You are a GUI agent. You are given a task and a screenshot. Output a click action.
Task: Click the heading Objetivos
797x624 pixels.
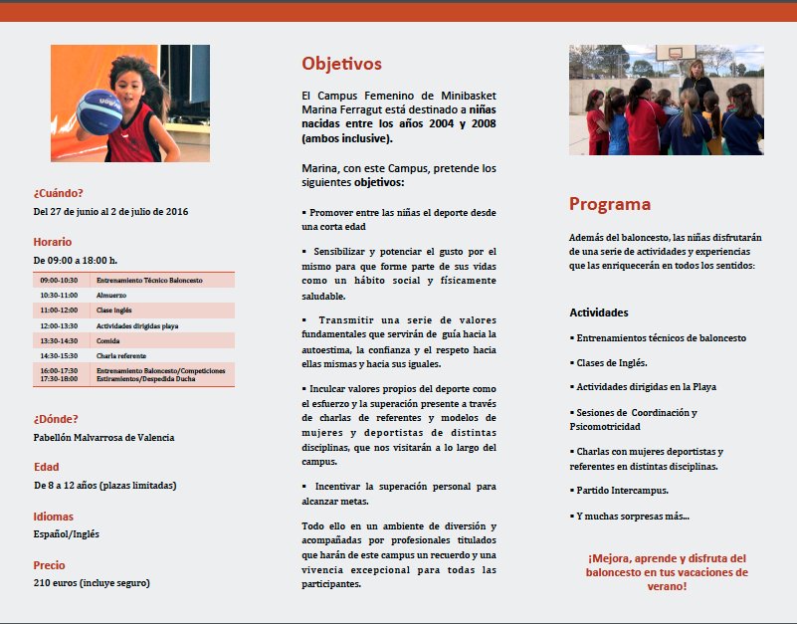coord(341,65)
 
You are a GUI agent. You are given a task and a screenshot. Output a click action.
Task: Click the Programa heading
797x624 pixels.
coord(609,205)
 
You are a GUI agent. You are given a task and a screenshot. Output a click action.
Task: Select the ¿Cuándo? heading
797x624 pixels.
coord(58,193)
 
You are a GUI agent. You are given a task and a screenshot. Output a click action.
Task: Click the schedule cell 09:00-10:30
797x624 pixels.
coord(59,281)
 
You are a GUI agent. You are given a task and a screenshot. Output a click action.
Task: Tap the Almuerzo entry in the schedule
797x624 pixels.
coord(110,296)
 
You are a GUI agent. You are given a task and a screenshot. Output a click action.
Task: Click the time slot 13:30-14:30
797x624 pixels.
coord(59,340)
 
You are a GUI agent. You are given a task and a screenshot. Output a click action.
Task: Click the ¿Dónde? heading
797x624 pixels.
coord(56,419)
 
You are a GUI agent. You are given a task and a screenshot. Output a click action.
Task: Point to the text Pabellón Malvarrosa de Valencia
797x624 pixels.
coord(103,437)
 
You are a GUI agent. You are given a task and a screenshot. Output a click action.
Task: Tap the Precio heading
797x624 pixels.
coord(49,565)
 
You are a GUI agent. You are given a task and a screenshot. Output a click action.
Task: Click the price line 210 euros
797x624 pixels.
coord(91,583)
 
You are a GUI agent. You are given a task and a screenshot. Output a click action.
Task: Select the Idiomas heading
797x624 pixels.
coord(53,517)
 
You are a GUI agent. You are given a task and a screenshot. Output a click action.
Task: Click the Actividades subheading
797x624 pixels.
coord(598,312)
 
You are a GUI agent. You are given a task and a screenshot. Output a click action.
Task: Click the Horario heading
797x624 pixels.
coord(52,242)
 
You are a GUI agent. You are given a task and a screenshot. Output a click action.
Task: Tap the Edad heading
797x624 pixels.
coord(46,467)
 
